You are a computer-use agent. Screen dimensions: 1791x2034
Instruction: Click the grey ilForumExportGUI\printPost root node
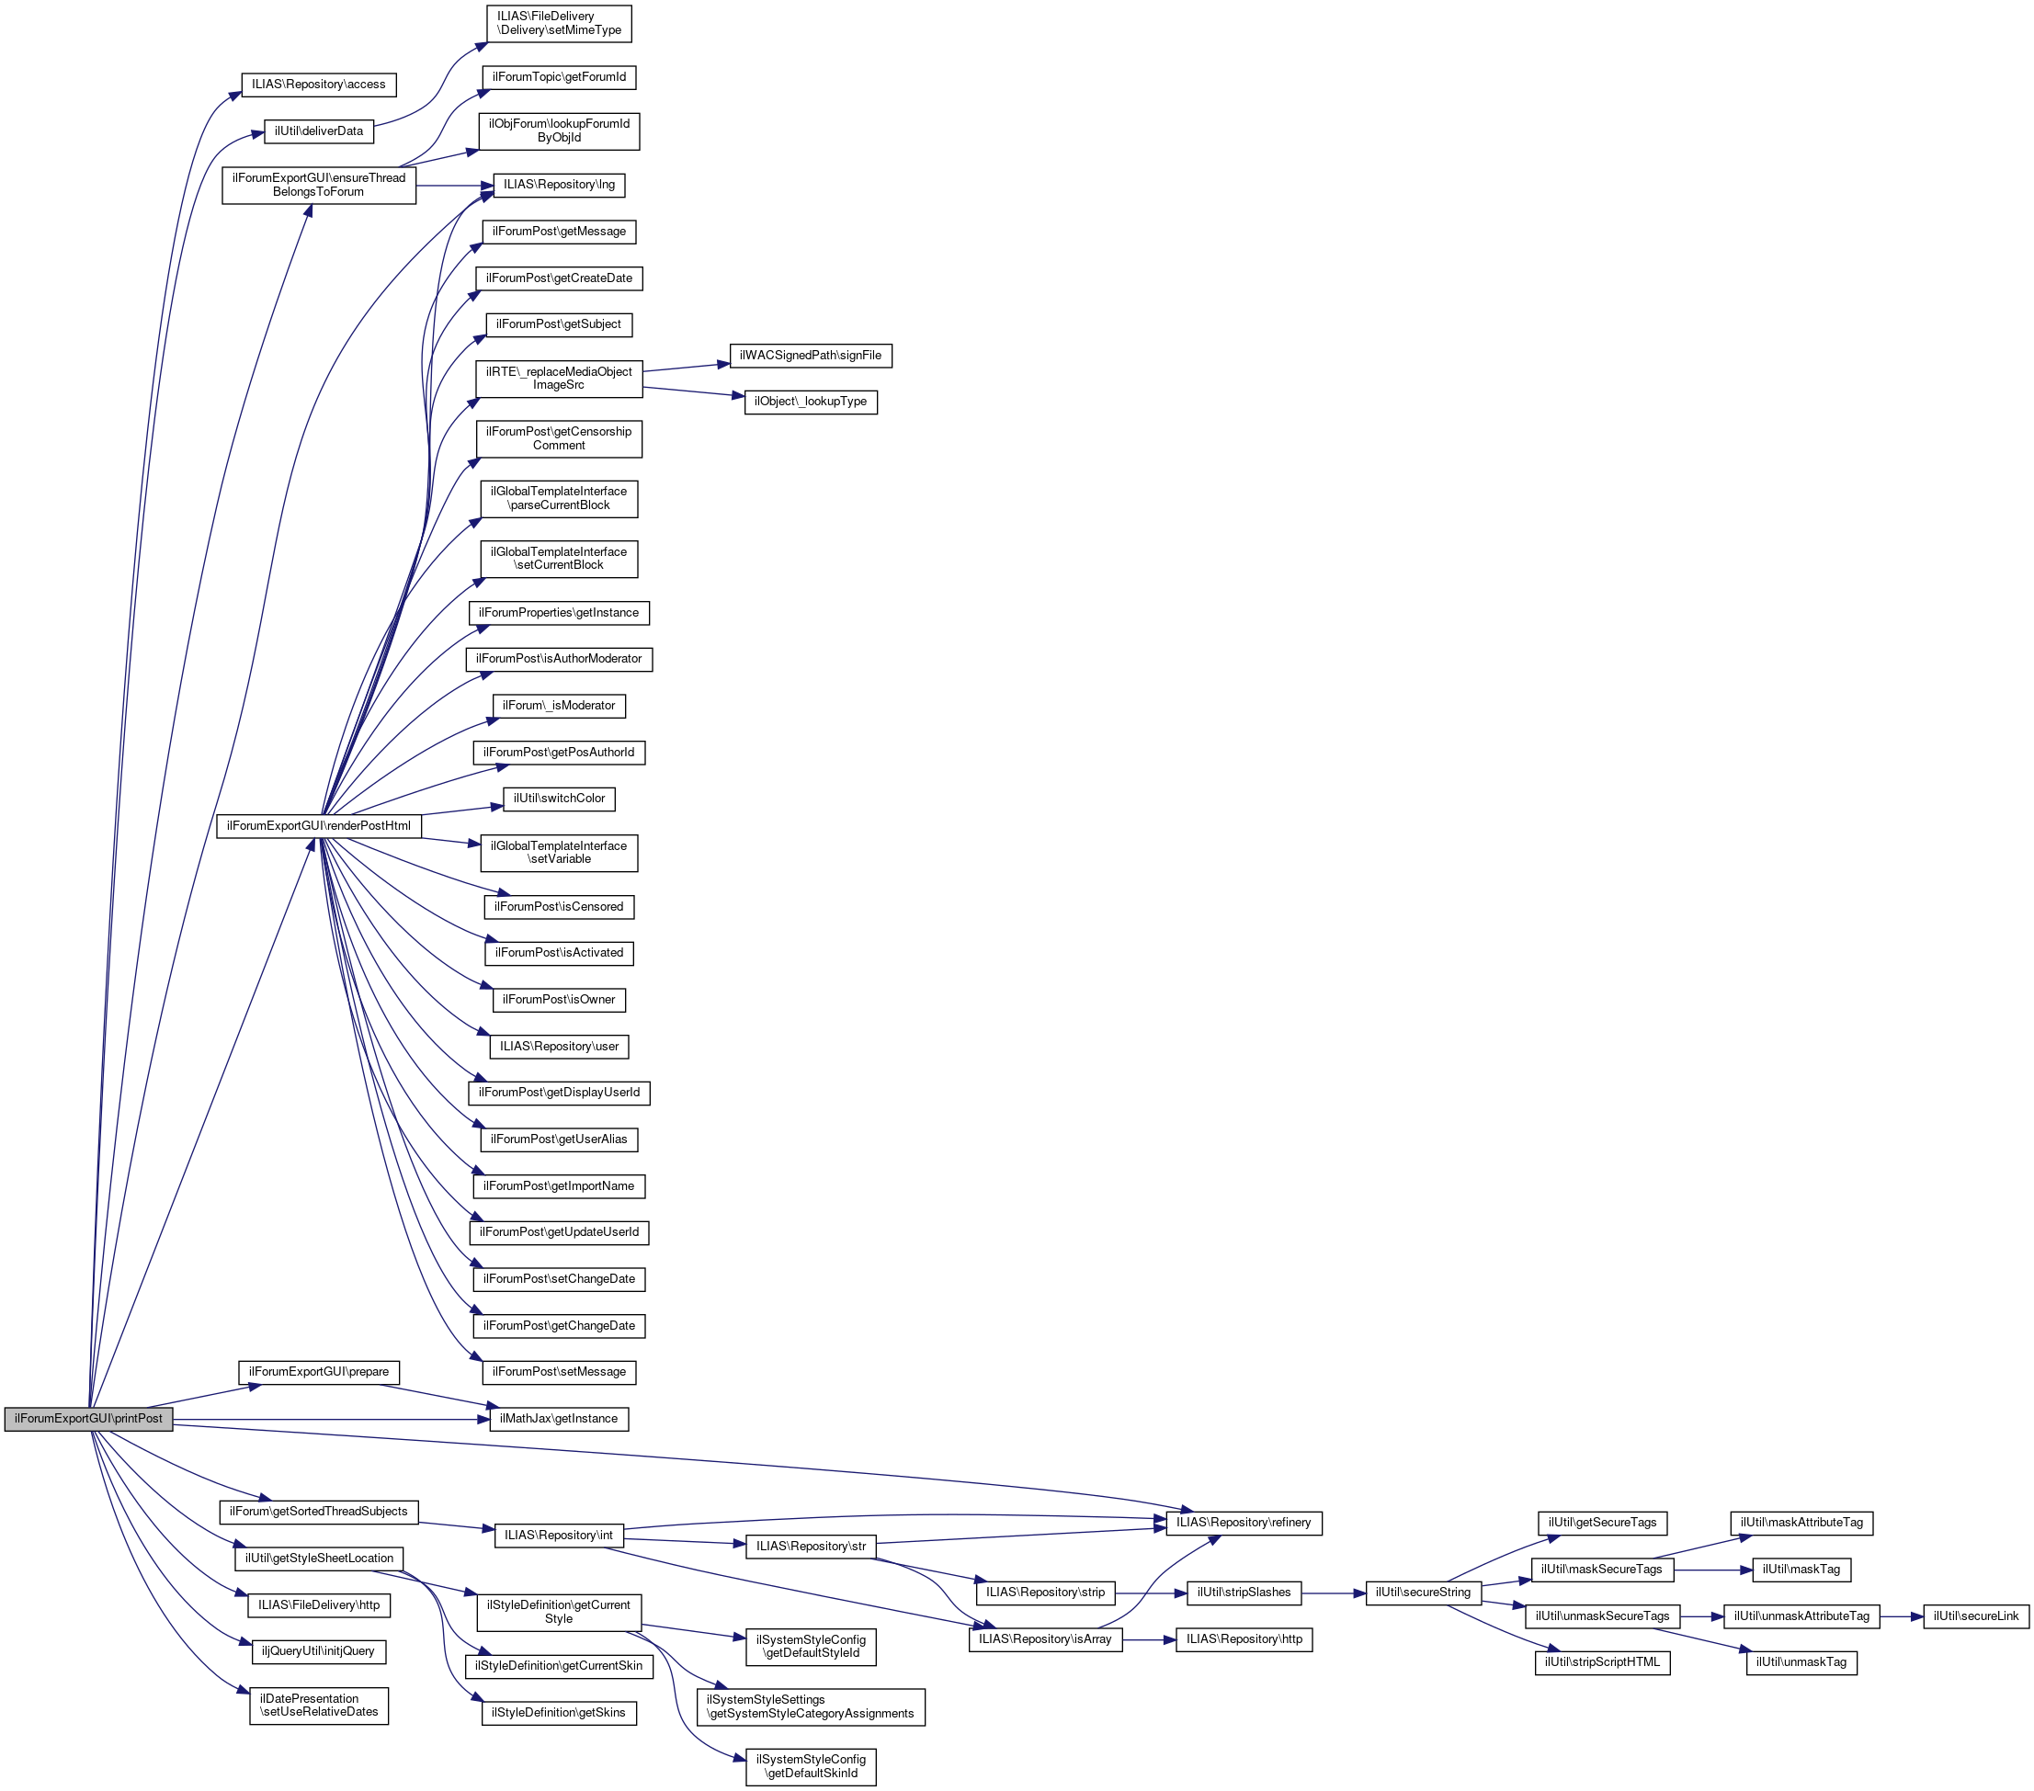coord(88,1419)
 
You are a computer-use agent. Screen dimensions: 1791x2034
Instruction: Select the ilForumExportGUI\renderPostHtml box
coord(318,826)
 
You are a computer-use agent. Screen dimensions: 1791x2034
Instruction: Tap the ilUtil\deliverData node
coord(318,131)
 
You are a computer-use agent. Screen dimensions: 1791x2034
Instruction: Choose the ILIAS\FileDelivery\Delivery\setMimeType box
coord(558,24)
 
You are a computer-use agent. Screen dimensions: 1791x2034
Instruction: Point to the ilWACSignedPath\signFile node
coord(810,356)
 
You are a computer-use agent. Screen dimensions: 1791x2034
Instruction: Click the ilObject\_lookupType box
coord(810,402)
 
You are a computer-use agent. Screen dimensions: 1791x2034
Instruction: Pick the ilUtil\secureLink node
coord(1975,1615)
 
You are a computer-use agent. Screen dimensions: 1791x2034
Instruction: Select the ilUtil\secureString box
coord(1423,1593)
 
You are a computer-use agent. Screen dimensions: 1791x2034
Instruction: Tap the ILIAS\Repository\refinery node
coord(1243,1523)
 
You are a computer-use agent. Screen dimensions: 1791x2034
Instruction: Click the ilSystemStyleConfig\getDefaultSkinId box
coord(810,1766)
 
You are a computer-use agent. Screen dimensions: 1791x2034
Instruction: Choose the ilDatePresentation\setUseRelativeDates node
coord(318,1706)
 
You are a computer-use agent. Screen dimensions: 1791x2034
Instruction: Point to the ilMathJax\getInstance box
coord(558,1419)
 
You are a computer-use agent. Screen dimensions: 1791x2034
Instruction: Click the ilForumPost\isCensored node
coord(558,907)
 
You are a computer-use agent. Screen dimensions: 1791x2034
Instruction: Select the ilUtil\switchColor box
coord(558,799)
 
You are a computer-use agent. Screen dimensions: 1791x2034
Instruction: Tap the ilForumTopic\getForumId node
coord(558,77)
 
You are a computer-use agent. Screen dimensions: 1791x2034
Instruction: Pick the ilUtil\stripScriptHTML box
coord(1601,1662)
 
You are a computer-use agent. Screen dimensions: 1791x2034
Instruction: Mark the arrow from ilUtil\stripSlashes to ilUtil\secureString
coord(1334,1593)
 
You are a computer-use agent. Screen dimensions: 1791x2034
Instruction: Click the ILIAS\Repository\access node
coord(318,85)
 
